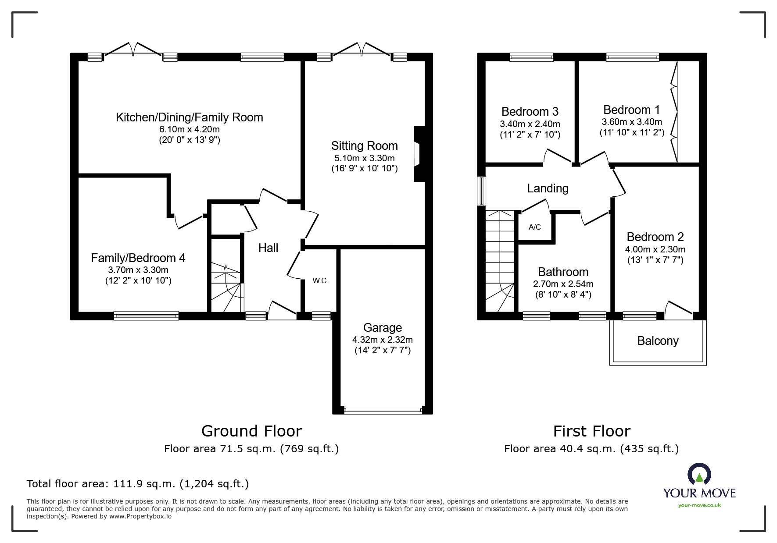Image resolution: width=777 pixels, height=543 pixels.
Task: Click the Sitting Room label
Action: tap(364, 146)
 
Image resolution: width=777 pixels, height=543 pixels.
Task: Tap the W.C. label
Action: tap(320, 281)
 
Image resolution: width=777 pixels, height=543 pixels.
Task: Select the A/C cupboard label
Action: tap(534, 227)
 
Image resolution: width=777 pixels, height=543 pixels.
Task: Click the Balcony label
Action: tap(657, 341)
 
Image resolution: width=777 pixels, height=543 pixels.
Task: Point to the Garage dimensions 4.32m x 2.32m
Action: tap(382, 340)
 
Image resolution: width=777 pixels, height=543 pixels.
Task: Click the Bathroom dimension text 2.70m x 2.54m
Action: tap(563, 284)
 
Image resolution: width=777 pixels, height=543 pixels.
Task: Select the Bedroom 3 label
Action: tap(530, 112)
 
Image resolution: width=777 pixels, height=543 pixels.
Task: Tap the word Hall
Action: tap(268, 248)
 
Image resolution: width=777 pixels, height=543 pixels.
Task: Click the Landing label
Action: tap(548, 188)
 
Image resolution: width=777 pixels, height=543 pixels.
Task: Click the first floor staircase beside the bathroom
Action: tap(500, 261)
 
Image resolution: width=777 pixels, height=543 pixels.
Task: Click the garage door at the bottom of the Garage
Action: tap(383, 411)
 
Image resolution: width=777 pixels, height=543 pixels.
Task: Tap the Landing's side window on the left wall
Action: tap(482, 191)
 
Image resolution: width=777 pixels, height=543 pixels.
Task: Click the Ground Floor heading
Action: tap(251, 431)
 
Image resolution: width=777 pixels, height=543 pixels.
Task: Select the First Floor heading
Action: tap(591, 431)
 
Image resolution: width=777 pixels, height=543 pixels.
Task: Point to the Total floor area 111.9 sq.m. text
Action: tap(138, 484)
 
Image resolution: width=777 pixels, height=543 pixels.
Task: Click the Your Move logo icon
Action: tap(699, 474)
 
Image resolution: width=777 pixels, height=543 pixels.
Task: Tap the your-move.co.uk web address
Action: tap(699, 505)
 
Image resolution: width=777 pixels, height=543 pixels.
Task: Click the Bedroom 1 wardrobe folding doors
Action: tap(675, 112)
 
